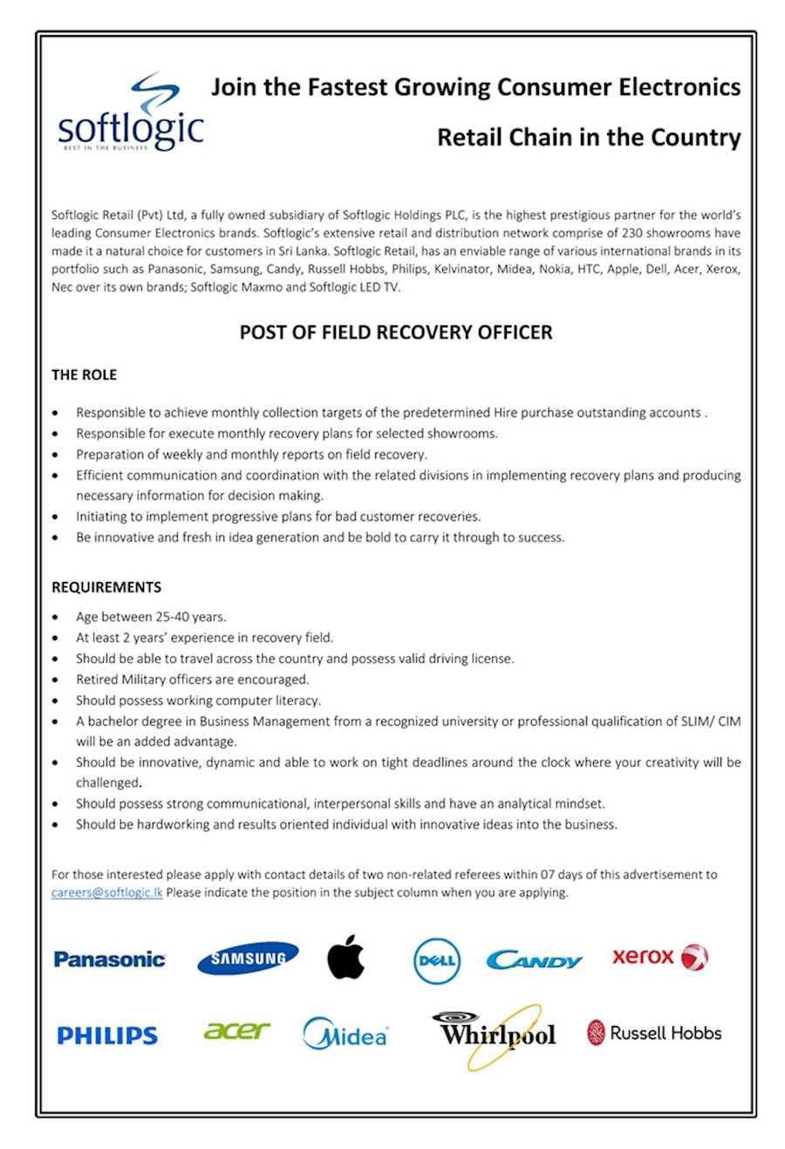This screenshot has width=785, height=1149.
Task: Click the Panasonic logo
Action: coord(109,960)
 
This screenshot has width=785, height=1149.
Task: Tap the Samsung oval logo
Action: coord(248,959)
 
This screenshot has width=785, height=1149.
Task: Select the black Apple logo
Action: coord(345,957)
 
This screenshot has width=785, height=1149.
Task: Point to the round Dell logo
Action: coord(436,961)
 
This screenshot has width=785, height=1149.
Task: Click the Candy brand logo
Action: coord(534,961)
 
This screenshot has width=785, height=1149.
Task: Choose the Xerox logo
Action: coord(659,957)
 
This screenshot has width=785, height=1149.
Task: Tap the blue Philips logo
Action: coord(107,1036)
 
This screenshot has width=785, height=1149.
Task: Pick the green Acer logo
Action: coord(236,1031)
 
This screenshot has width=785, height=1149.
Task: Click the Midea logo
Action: coord(345,1035)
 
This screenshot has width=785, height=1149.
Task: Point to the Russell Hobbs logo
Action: coord(654,1033)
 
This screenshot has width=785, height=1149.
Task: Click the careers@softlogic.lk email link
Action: coord(106,893)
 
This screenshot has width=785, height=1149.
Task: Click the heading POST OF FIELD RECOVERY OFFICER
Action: coord(396,332)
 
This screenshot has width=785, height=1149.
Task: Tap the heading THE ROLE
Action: coord(84,375)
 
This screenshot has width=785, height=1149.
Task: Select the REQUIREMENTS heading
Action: coord(106,587)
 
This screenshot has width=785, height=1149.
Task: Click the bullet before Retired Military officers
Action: coord(56,681)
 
